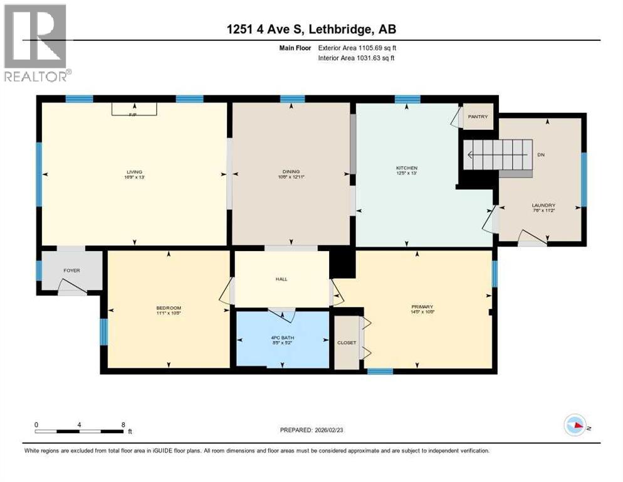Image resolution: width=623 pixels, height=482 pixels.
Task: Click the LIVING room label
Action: pos(133,172)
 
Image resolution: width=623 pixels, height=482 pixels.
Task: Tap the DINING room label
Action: pos(291,172)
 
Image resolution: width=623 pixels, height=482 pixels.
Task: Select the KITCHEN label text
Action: pos(406,168)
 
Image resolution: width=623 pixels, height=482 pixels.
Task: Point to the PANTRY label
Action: pos(478,117)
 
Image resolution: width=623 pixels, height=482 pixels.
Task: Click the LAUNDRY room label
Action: pos(543,205)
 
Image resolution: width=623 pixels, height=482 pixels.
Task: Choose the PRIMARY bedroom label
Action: pos(421,307)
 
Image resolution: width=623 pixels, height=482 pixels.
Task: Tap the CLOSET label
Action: pos(347,343)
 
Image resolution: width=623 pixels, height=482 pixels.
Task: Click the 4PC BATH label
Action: pos(282,338)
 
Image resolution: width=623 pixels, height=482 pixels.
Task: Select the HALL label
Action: pos(281,279)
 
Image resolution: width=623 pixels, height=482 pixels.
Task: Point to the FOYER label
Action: pos(71,270)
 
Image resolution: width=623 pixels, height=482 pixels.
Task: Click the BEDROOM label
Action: pos(169,308)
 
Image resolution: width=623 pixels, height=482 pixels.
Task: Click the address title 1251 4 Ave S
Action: pos(311,29)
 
